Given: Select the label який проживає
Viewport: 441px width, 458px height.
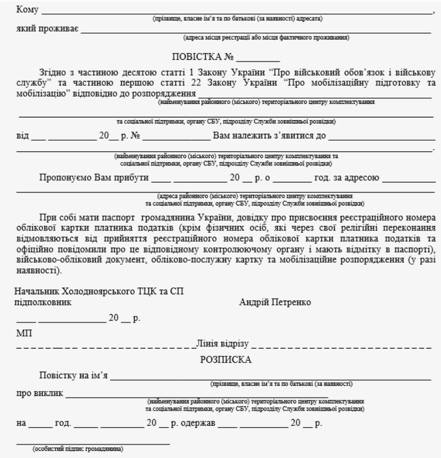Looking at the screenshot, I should click(46, 29).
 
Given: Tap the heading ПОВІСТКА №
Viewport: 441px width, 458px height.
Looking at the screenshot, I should click(203, 58).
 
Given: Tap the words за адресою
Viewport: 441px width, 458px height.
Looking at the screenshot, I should click(354, 177).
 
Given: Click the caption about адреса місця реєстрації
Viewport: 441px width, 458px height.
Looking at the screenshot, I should click(266, 38).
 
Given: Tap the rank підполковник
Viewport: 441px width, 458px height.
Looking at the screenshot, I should click(44, 302).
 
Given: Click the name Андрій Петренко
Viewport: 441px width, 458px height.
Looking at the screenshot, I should click(275, 302).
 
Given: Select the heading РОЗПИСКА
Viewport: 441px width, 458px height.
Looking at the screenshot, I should click(225, 360).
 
